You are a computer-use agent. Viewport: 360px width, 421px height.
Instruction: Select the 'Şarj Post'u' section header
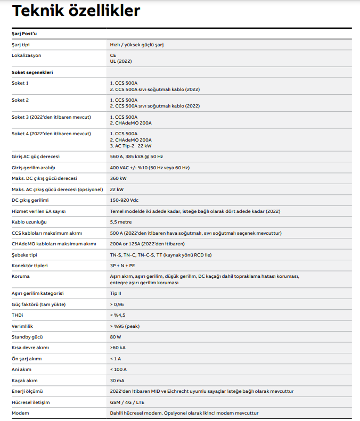tap(24, 34)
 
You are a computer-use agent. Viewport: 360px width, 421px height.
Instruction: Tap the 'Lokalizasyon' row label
tap(27, 55)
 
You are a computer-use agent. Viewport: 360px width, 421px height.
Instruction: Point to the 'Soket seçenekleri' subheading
tap(32, 72)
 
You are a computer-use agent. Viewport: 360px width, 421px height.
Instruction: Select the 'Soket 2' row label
tap(20, 100)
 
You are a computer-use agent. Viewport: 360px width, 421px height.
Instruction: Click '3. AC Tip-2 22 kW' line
tap(130, 145)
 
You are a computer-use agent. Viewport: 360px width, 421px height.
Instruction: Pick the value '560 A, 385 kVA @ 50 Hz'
tap(136, 156)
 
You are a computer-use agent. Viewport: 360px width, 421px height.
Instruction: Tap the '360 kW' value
tap(118, 178)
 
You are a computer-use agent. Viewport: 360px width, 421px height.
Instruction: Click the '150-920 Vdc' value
tap(125, 200)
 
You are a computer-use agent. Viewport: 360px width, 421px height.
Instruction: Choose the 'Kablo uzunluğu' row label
tap(29, 222)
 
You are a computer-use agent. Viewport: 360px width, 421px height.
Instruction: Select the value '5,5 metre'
tap(121, 222)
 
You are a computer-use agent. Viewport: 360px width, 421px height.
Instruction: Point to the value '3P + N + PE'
tap(122, 266)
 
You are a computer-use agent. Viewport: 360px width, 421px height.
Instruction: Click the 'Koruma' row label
tap(21, 277)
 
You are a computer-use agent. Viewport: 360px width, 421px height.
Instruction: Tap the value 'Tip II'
tap(116, 293)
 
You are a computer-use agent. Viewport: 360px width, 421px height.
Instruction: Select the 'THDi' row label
tap(18, 315)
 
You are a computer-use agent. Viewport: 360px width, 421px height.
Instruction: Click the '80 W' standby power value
tap(116, 337)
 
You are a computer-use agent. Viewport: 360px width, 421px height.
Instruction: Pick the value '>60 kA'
tap(118, 348)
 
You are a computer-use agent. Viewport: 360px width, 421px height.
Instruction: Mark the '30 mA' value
tap(117, 381)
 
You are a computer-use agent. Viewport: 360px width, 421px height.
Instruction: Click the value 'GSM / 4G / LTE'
tap(127, 402)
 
